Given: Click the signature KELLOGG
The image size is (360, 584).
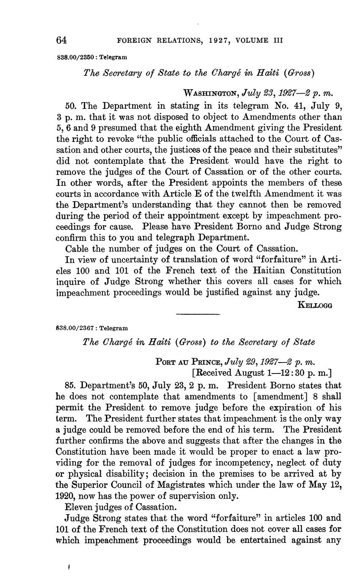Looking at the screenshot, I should [x=315, y=304].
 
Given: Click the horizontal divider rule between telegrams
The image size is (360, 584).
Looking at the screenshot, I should [x=198, y=314].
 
